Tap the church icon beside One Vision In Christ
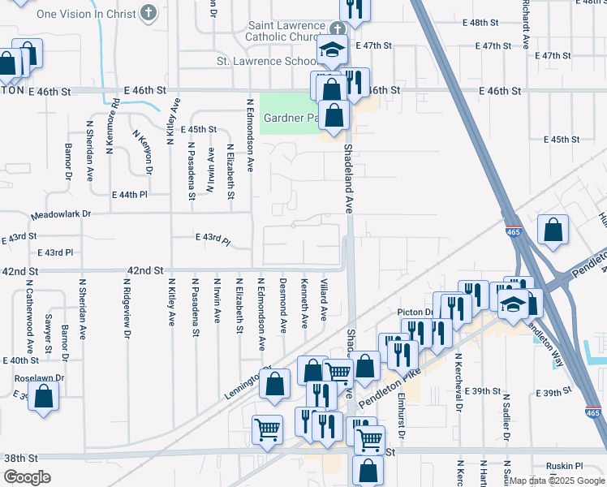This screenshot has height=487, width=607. [x=148, y=12]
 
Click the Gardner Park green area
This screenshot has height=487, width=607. [x=286, y=113]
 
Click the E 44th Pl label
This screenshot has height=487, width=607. [x=129, y=195]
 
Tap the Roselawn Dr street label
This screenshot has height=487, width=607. [x=39, y=378]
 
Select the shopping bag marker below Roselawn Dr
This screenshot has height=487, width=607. [x=45, y=396]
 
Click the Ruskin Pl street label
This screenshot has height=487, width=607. [x=566, y=466]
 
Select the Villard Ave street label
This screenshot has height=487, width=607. [x=324, y=300]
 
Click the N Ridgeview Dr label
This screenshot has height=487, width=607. [x=127, y=308]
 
